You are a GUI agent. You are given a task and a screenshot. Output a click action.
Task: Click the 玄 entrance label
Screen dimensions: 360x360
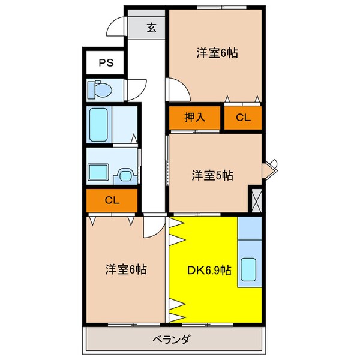tap(152, 27)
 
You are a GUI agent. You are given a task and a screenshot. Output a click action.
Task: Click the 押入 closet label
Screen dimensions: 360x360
tap(195, 117)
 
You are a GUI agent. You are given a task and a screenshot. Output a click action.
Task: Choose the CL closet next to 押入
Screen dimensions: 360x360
tap(243, 118)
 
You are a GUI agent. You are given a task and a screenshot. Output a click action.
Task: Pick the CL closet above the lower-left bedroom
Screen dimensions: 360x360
tap(113, 200)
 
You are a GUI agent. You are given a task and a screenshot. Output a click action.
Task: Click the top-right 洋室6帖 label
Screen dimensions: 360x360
tap(217, 53)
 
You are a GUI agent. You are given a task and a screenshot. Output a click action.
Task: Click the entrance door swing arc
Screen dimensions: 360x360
tap(116, 27)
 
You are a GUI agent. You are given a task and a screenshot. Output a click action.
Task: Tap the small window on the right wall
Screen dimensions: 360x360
tap(271, 168)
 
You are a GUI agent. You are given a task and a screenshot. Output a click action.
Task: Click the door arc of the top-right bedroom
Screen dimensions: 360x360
tap(178, 91)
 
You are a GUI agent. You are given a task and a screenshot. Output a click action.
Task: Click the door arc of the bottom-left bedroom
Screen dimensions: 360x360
tap(154, 229)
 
